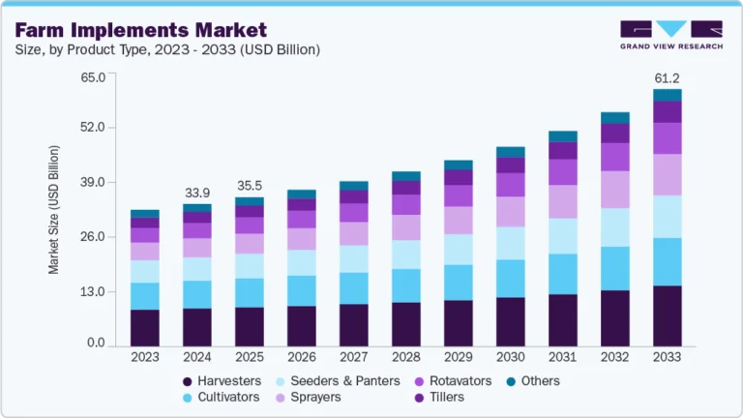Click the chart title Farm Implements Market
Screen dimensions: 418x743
[x=141, y=29]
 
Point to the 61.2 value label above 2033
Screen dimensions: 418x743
[x=667, y=76]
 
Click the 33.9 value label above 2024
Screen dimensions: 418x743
[x=197, y=192]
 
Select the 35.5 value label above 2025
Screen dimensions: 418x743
[x=250, y=187]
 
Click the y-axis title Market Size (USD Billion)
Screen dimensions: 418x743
[x=54, y=210]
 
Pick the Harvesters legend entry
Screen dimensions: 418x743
[x=225, y=380]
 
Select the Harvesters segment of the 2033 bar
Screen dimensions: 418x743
[x=667, y=315]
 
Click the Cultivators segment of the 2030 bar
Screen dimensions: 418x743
[x=510, y=279]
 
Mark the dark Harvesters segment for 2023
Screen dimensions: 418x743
[x=145, y=327]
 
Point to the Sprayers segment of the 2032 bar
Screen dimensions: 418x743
[x=614, y=190]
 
